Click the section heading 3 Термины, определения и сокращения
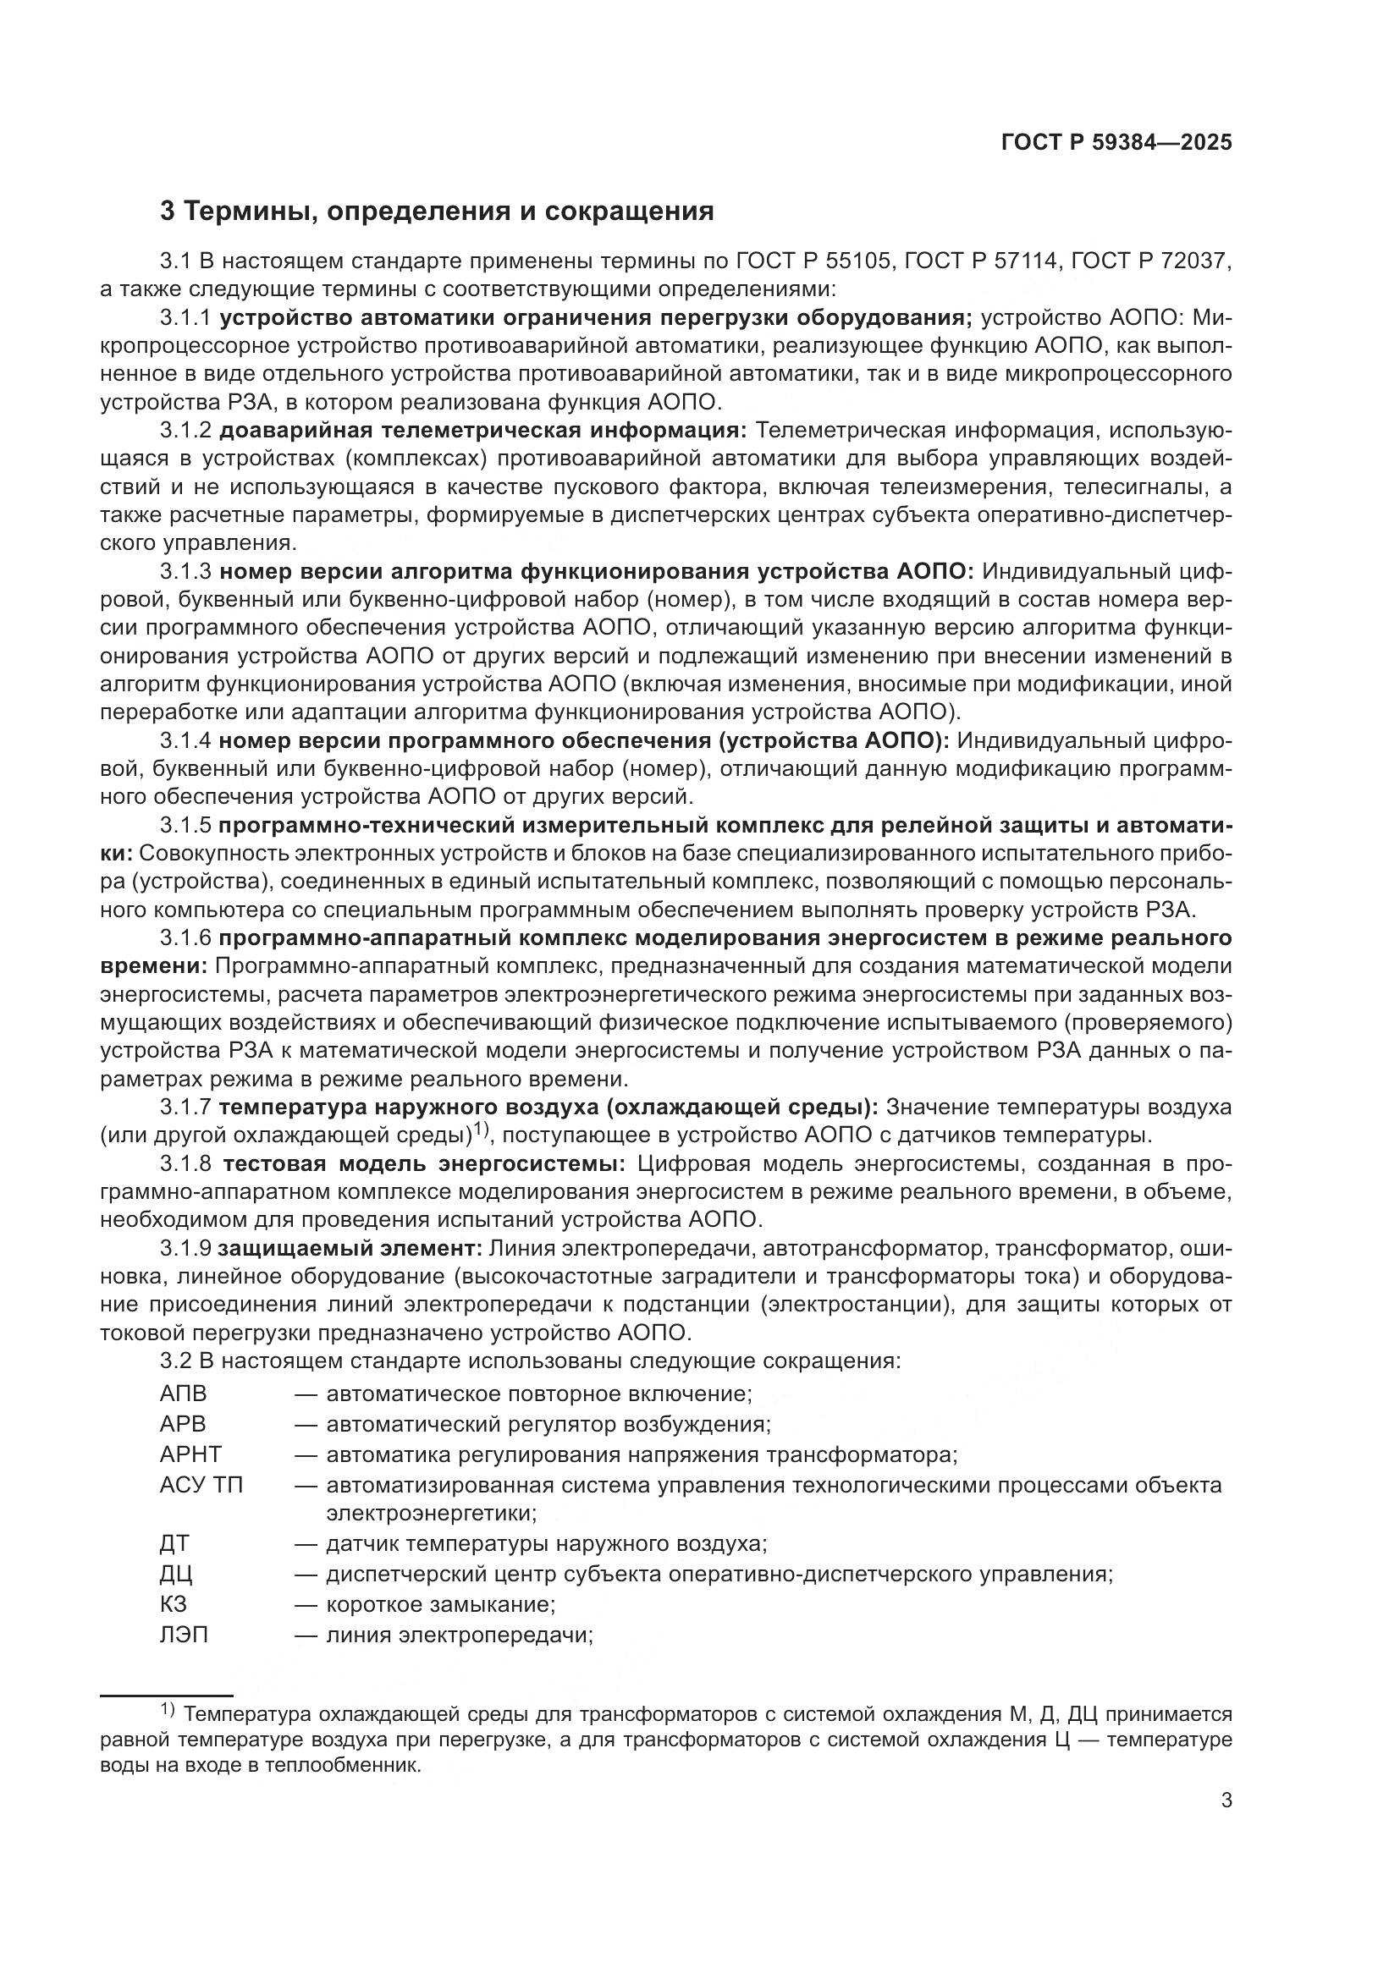(x=437, y=212)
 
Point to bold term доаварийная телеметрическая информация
(x=482, y=430)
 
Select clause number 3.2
(x=176, y=1361)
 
